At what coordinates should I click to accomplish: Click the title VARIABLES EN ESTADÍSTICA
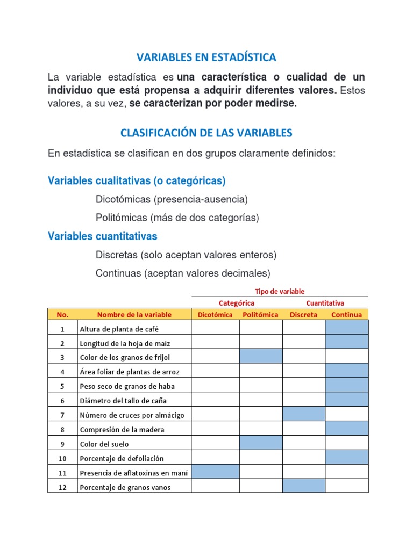coord(206,57)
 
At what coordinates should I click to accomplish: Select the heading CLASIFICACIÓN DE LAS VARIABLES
coord(206,132)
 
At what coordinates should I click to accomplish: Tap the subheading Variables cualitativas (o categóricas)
coord(137,180)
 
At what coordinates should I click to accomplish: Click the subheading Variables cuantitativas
coord(103,236)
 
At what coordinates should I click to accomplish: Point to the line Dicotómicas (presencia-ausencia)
coord(172,199)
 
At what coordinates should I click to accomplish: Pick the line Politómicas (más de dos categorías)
coord(177,218)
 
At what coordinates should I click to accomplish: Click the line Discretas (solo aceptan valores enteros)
coord(186,255)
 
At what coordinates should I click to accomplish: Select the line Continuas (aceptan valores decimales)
coord(183,273)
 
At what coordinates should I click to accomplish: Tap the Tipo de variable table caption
coord(280,291)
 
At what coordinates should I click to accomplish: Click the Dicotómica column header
coord(215,315)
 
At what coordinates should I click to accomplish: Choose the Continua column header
coord(346,315)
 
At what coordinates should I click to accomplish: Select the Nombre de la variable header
coord(134,315)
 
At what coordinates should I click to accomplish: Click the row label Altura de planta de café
coord(119,329)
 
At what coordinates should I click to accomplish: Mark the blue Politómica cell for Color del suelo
coord(261,443)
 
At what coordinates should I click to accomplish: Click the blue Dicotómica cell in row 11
coord(215,472)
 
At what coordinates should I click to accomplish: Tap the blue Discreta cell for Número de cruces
coord(304,414)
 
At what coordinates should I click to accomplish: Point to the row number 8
coord(62,429)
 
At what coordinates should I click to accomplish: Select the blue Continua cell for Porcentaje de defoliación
coord(346,458)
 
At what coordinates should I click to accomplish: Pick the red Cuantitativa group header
coord(325,303)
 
